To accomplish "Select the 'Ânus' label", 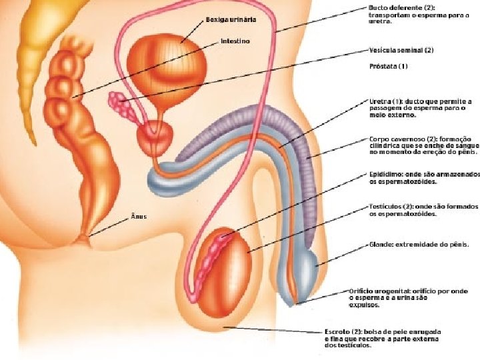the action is coord(139,217).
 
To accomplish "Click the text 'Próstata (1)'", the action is coord(388,67).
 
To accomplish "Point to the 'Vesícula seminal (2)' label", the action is coord(401,50).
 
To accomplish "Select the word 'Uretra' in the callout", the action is coord(379,101).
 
